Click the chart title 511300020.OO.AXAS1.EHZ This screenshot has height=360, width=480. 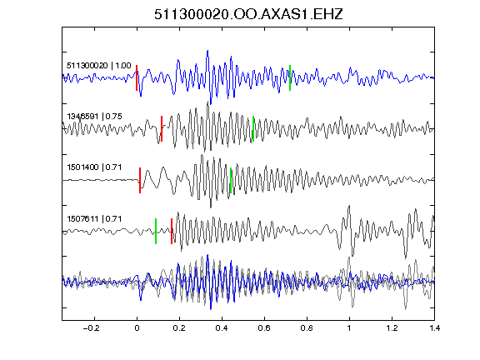pos(248,14)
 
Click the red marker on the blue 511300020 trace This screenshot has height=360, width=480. pos(137,77)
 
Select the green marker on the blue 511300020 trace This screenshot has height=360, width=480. pos(290,77)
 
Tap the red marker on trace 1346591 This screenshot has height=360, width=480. pos(162,128)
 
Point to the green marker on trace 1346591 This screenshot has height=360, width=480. pos(253,128)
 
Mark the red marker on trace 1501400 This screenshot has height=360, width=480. pos(140,180)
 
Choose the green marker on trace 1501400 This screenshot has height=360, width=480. pos(231,180)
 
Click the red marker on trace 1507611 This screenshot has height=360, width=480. pos(172,231)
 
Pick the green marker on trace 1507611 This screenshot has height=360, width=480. pos(156,231)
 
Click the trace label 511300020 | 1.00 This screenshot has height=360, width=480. pos(99,66)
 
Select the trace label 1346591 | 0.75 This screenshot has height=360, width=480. pos(94,117)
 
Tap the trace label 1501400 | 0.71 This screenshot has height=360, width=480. pos(94,167)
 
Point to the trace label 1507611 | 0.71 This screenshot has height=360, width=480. pos(94,219)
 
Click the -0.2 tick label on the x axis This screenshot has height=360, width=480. pos(91,328)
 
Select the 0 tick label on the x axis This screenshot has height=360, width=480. pos(137,328)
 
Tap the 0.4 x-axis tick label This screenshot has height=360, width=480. pos(222,328)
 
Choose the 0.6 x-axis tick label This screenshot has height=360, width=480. pos(264,328)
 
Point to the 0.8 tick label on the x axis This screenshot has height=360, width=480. pos(307,328)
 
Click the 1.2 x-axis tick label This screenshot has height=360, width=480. pos(392,328)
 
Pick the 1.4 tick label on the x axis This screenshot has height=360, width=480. pos(435,328)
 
